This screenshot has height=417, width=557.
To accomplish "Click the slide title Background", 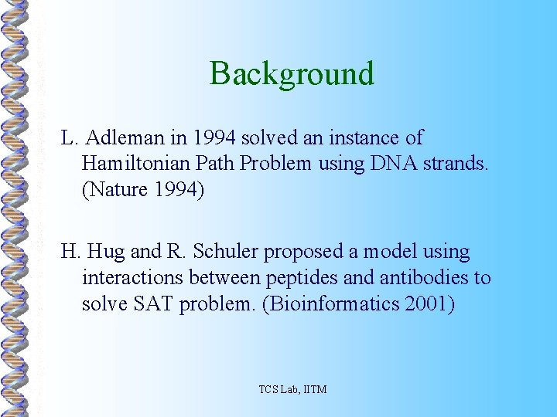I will click(x=292, y=74).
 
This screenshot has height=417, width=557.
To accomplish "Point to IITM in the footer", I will click(x=312, y=389).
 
